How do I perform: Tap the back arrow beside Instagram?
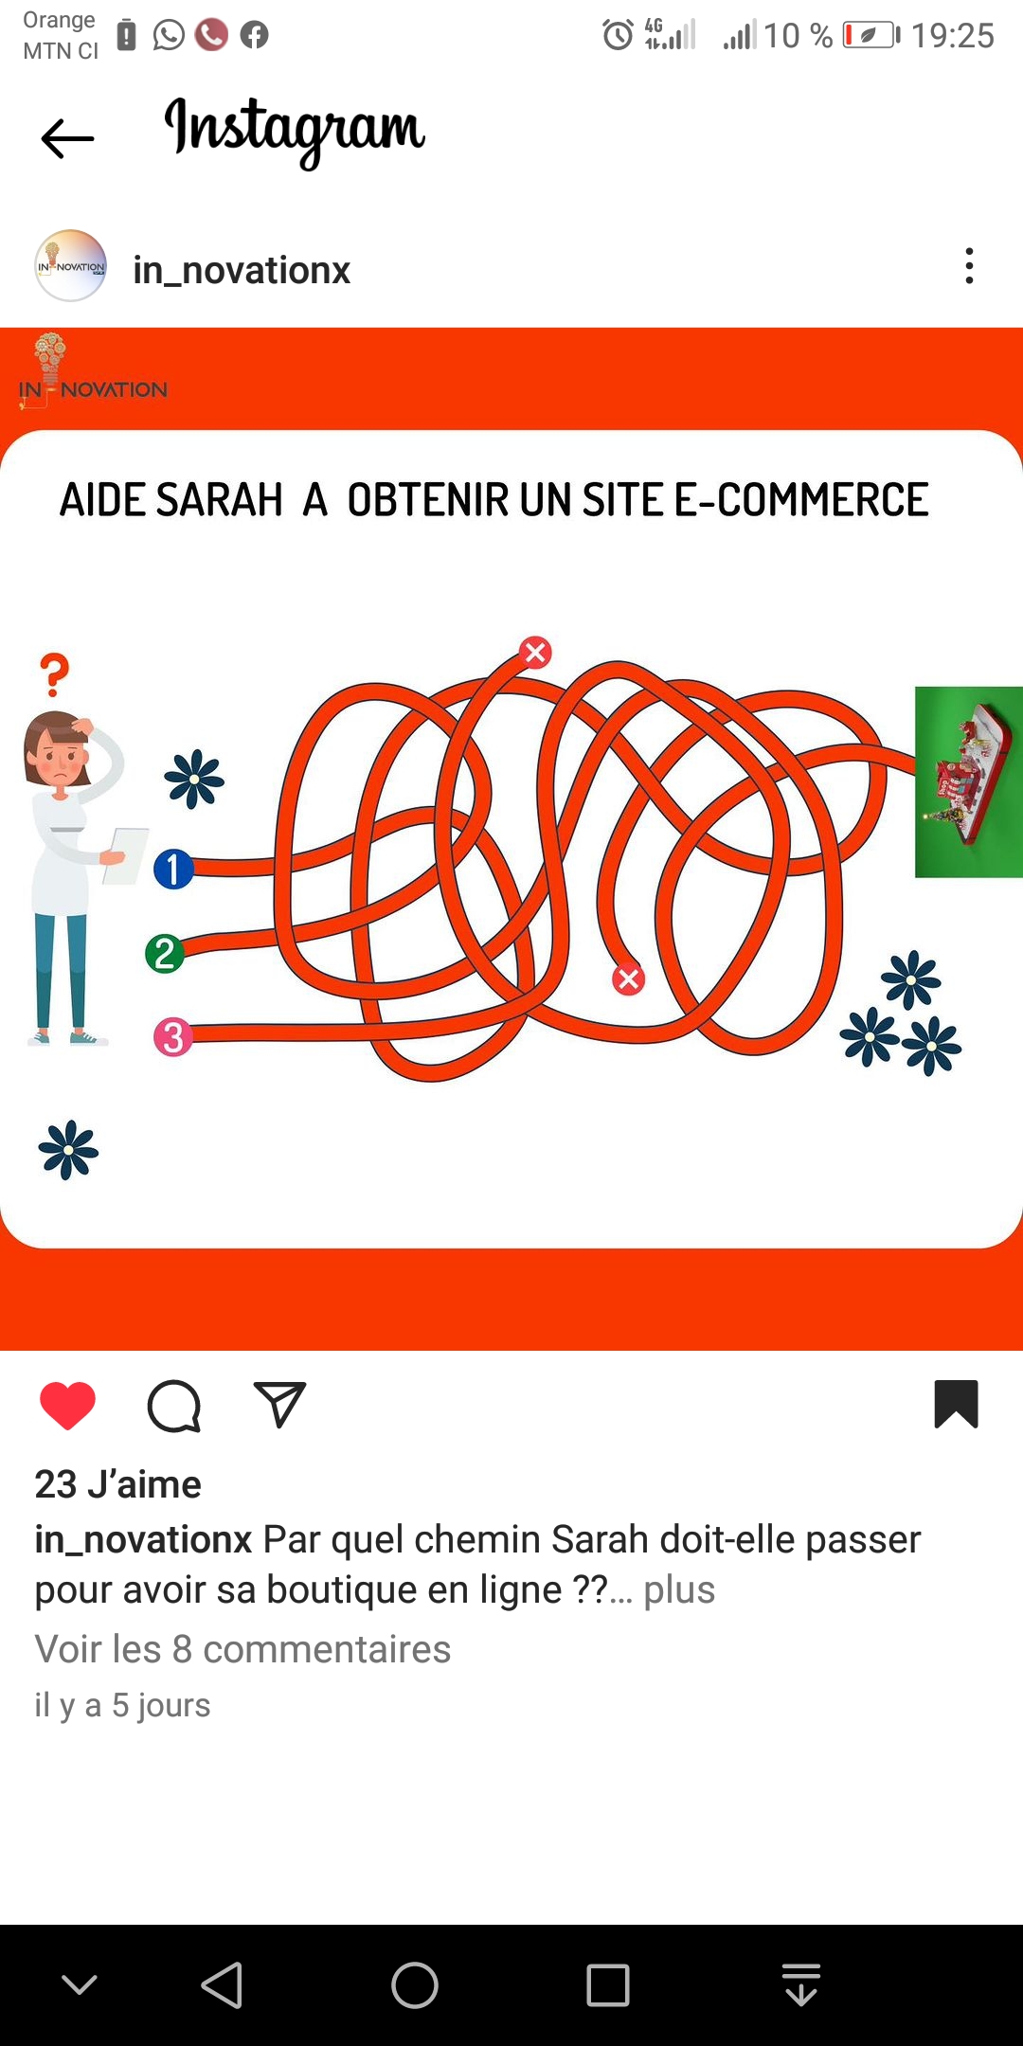pos(68,139)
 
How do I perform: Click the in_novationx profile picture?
pos(70,266)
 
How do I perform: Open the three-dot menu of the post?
pos(969,266)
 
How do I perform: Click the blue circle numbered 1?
pos(173,869)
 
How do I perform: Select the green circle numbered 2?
pos(165,954)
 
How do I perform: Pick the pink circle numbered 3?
pos(173,1037)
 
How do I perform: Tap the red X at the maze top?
pos(535,652)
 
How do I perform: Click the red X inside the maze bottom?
pos(628,979)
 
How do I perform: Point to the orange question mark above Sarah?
pos(55,674)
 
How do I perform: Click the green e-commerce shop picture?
pos(969,781)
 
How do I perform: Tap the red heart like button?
pos(67,1405)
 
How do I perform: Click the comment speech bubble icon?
pos(174,1406)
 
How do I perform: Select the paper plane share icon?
pos(279,1404)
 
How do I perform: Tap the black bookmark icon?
pos(956,1404)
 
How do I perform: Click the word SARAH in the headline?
pos(219,500)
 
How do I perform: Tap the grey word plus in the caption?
pos(679,1590)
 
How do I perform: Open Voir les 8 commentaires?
pos(242,1649)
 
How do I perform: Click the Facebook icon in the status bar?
pos(254,35)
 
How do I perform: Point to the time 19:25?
pos(953,36)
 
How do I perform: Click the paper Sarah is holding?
pos(126,855)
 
